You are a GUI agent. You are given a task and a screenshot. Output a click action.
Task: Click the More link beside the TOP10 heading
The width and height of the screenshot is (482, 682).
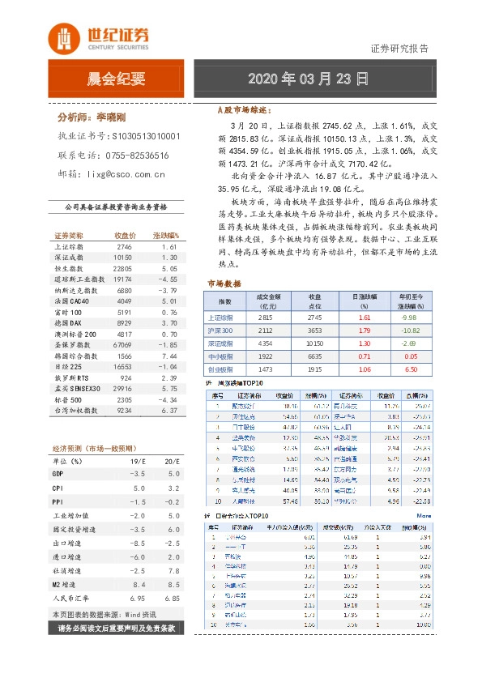coord(424,515)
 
